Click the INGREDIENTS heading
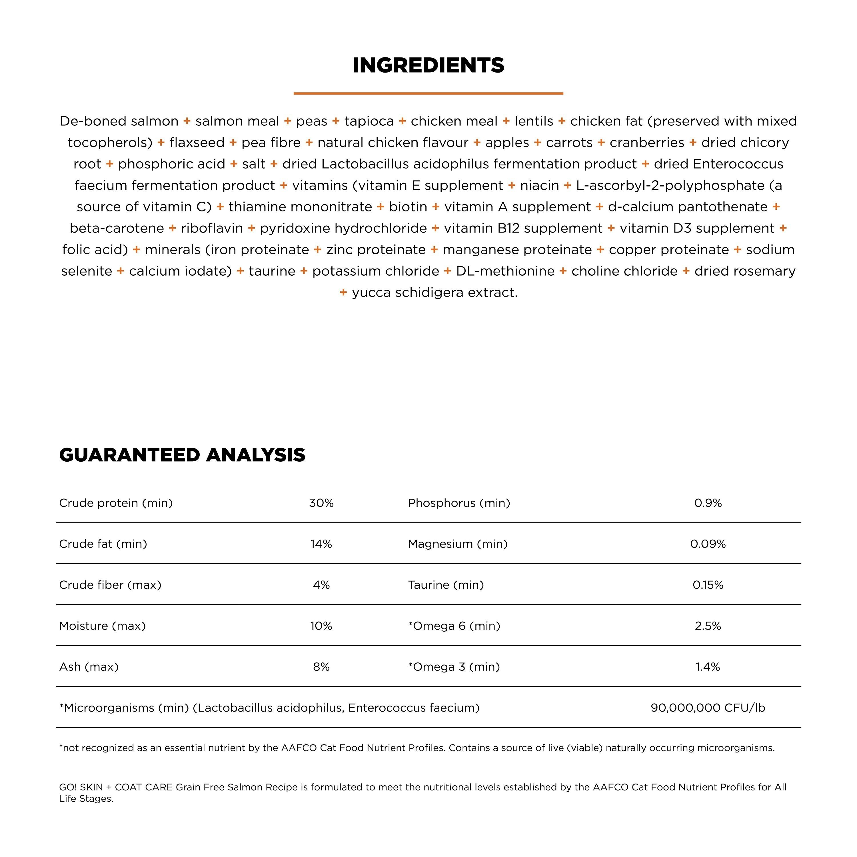428,65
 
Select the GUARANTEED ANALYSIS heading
182,455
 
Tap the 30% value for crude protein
321,503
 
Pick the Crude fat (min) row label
103,544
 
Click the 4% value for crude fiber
321,585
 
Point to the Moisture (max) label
103,626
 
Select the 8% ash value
321,667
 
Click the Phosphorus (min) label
459,503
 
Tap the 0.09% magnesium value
708,544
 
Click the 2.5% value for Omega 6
708,626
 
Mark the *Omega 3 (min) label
454,667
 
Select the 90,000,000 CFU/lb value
708,708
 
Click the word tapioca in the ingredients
369,121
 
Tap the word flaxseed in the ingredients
197,142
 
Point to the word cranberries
647,142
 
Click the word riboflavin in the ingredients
212,228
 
